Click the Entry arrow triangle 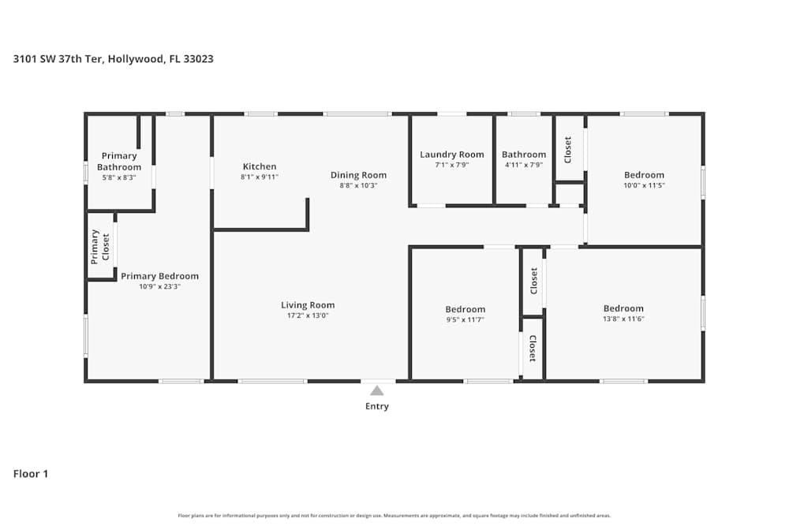click(x=377, y=390)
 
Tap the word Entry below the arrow click(x=377, y=407)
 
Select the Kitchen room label click(x=260, y=166)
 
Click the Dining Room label click(x=358, y=175)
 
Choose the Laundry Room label click(x=451, y=155)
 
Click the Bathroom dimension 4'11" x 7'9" click(x=524, y=165)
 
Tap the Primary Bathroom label click(x=119, y=162)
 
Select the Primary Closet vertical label click(x=100, y=246)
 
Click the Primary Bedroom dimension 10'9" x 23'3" click(x=159, y=286)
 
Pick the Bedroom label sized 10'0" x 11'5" click(x=644, y=175)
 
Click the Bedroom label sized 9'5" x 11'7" click(x=465, y=309)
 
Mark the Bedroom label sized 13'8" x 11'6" click(x=623, y=308)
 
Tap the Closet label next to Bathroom click(x=567, y=150)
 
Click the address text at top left click(x=114, y=58)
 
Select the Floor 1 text click(x=31, y=474)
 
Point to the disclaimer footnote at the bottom click(x=394, y=515)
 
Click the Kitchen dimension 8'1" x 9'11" click(x=260, y=177)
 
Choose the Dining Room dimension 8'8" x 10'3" click(x=358, y=185)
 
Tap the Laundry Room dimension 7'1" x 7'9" click(x=451, y=165)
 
